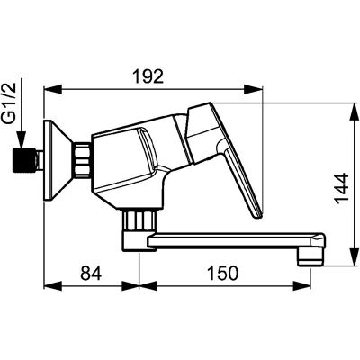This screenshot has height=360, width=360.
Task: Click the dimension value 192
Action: point(148,76)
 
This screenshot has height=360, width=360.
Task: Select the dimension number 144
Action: point(342,189)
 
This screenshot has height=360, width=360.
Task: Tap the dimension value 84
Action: point(91,274)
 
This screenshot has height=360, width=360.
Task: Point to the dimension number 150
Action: point(223,274)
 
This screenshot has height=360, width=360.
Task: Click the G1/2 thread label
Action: point(10,104)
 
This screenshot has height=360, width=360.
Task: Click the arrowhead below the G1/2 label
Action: point(22,139)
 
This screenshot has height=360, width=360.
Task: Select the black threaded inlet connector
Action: point(25,160)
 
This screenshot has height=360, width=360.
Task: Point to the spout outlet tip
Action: point(310,258)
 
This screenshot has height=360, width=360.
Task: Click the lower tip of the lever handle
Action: point(258,216)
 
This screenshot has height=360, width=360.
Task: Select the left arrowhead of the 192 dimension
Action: point(53,89)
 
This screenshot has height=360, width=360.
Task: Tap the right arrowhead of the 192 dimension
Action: point(254,89)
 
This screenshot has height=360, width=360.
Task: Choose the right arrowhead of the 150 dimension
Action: point(301,285)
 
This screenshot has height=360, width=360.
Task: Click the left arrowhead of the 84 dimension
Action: point(53,285)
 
